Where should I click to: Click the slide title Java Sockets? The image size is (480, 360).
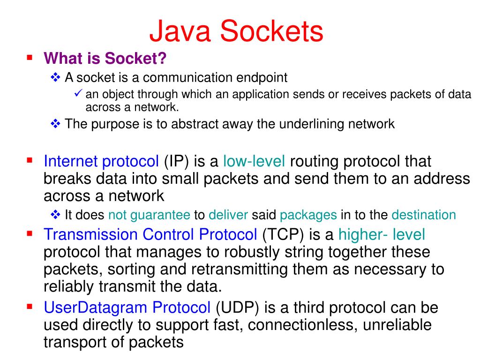[236, 31]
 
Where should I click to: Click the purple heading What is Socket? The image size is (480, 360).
[105, 59]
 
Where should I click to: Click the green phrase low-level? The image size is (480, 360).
[254, 161]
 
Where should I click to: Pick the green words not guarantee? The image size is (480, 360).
[149, 215]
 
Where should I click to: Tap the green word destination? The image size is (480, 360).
[424, 215]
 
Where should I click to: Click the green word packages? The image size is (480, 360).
[308, 215]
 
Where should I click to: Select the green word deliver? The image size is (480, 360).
[228, 215]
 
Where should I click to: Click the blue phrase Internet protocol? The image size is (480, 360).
[101, 161]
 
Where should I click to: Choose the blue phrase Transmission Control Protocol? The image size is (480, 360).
[150, 234]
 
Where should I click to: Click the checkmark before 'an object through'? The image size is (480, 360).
[78, 93]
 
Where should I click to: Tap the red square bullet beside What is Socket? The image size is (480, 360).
[30, 58]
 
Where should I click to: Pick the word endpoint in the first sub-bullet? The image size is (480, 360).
[262, 77]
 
